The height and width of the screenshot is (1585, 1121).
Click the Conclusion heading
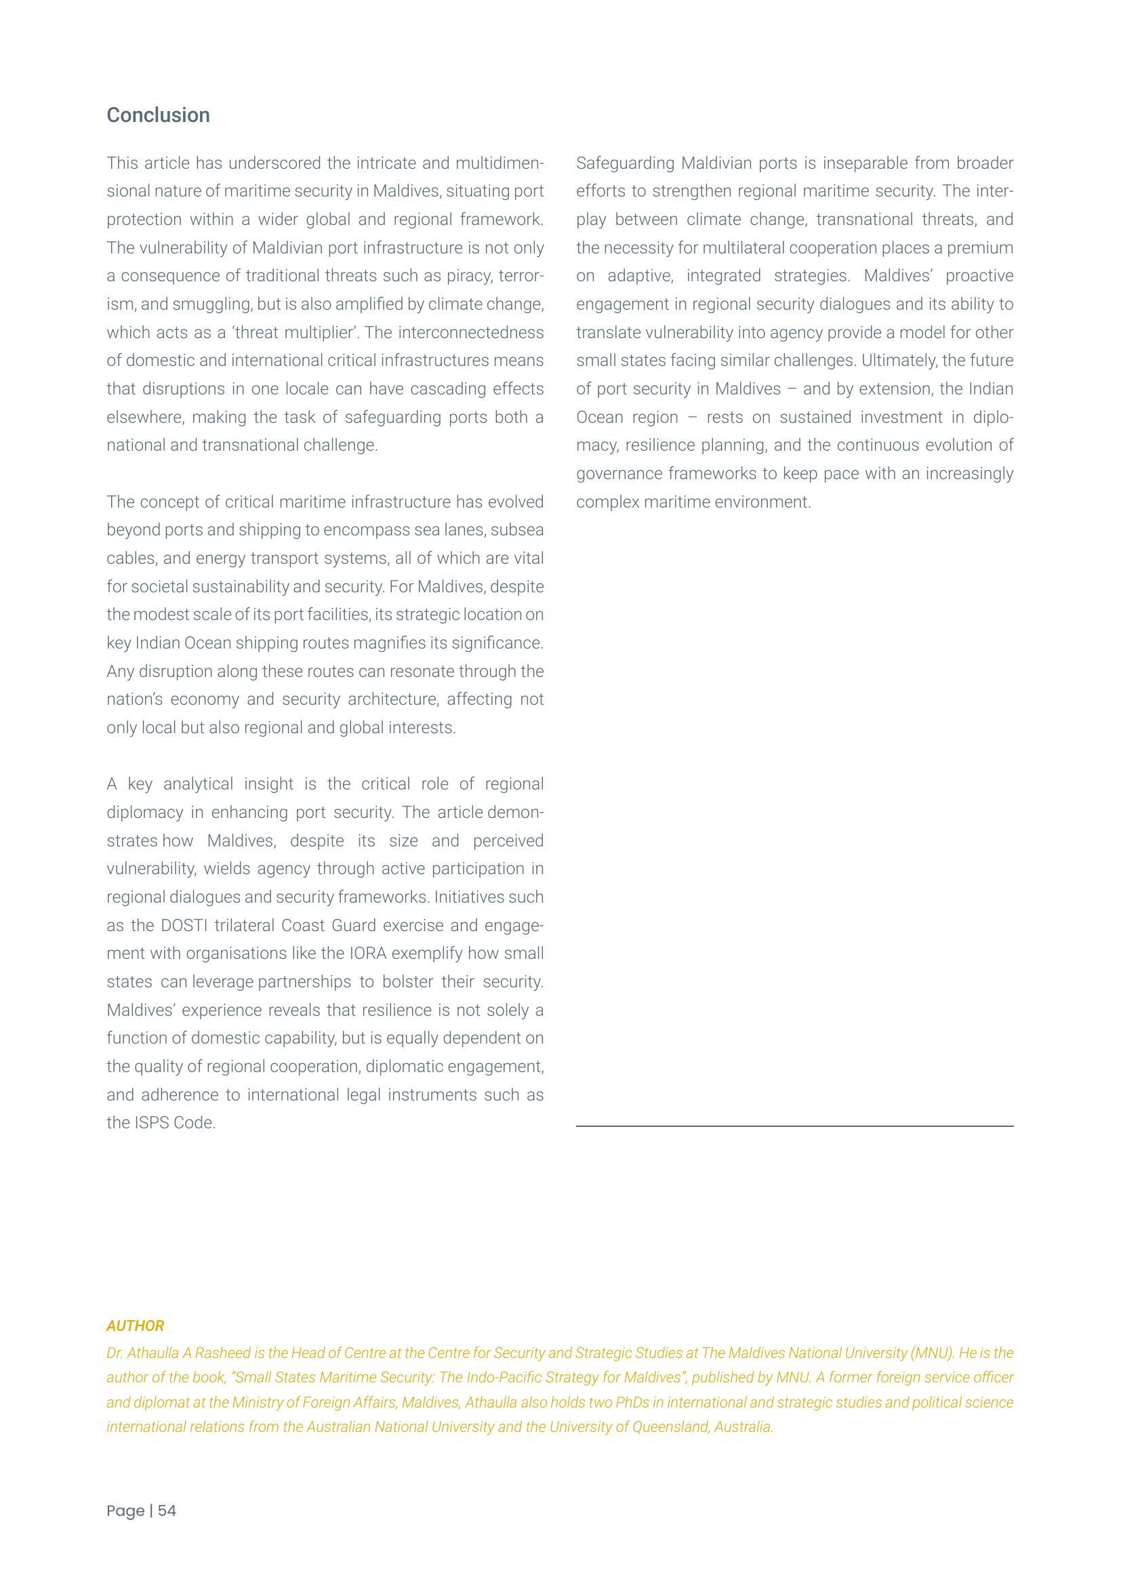coord(158,115)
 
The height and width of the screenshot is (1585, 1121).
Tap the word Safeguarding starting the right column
coord(625,163)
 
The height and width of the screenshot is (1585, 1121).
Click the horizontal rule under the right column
coord(794,1126)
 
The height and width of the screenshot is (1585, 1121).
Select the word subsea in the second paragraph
coord(519,529)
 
